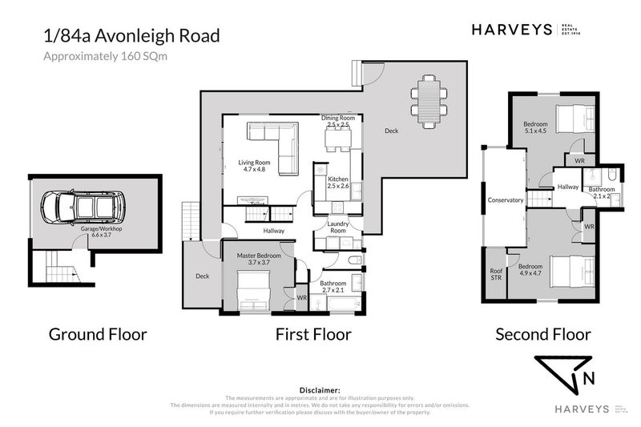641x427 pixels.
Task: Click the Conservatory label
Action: pyautogui.click(x=505, y=200)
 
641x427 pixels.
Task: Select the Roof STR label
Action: pyautogui.click(x=497, y=274)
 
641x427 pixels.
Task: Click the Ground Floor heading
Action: pyautogui.click(x=98, y=334)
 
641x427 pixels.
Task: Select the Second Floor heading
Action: pyautogui.click(x=542, y=334)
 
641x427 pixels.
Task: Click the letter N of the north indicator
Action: pyautogui.click(x=589, y=378)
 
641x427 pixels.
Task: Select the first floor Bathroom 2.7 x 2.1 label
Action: pyautogui.click(x=333, y=286)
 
